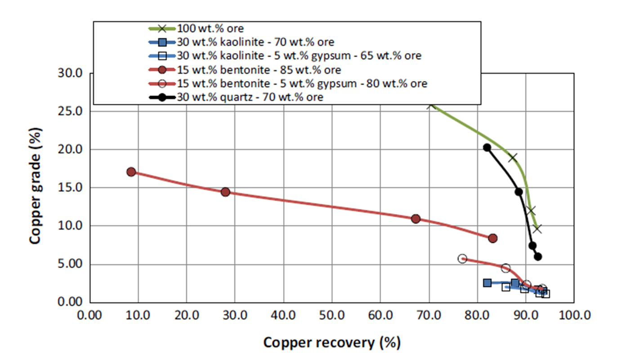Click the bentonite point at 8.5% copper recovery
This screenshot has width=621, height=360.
(131, 172)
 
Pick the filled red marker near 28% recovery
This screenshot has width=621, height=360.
(226, 192)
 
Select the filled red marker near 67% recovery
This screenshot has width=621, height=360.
(416, 219)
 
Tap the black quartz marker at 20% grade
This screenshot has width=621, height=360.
(487, 148)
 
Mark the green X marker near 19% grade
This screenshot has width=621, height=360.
(513, 157)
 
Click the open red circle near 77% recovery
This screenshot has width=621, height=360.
(462, 258)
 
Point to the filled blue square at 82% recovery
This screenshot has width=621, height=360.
(487, 283)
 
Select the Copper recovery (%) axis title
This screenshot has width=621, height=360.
(331, 343)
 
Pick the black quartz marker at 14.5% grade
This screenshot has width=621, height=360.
(519, 192)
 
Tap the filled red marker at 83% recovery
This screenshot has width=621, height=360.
(493, 238)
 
